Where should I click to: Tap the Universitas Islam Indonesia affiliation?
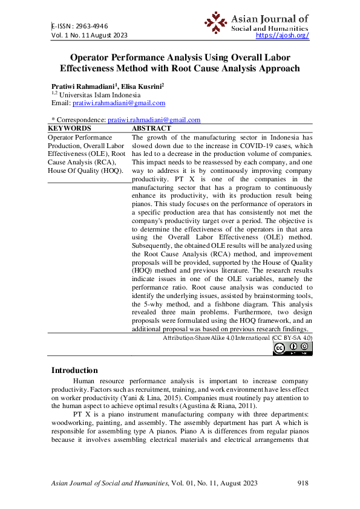pos(100,95)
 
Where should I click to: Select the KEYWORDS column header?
pos(69,128)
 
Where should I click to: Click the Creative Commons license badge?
pos(293,348)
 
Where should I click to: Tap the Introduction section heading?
pos(74,371)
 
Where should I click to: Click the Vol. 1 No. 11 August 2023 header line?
pos(89,36)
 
